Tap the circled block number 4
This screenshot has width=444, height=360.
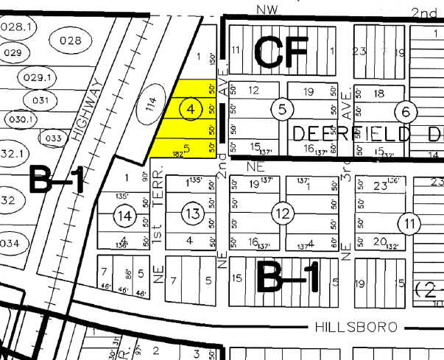point(191,109)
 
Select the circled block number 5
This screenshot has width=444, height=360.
point(282,110)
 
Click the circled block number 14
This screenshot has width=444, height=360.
point(126,215)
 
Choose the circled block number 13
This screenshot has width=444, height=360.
point(191,213)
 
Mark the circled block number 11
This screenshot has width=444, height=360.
point(408,222)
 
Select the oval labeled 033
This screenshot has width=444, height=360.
point(53,138)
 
